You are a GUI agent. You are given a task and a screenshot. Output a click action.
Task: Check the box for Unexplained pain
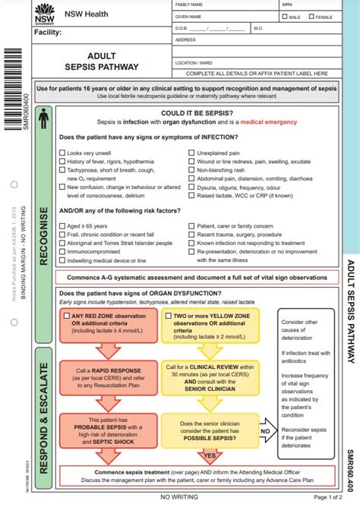[191, 153]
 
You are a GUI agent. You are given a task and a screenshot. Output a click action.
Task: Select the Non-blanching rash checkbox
[191, 171]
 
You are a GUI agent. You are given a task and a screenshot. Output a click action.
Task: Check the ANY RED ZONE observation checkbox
[66, 314]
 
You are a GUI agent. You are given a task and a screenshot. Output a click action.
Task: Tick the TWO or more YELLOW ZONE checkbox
[169, 314]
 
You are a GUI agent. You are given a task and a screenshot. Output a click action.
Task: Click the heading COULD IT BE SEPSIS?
[195, 112]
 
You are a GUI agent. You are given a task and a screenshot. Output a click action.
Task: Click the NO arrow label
[265, 430]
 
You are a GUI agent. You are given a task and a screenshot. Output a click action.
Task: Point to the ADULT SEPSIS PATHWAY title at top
[112, 61]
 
